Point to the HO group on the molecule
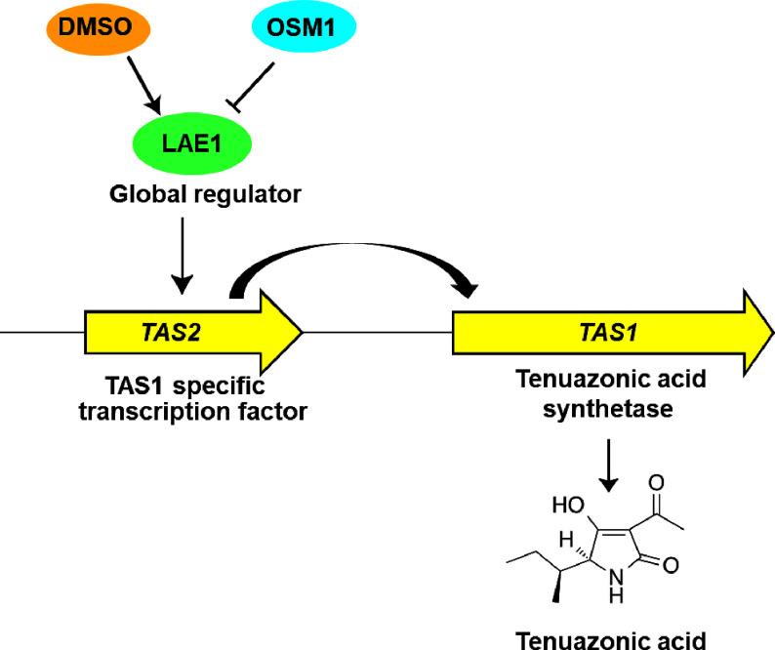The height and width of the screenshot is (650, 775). click(x=571, y=506)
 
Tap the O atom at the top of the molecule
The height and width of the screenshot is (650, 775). click(x=656, y=482)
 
